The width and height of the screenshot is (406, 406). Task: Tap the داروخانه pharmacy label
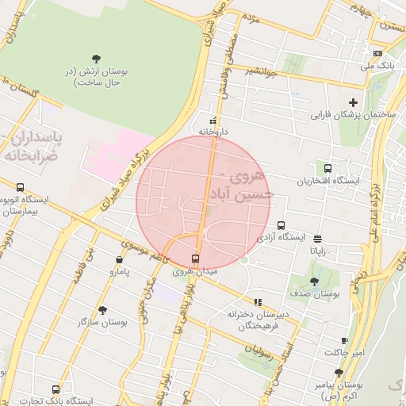tap(213, 131)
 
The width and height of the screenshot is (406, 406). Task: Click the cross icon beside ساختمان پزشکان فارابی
tap(354, 102)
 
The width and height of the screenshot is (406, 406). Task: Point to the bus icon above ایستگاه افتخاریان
tap(327, 168)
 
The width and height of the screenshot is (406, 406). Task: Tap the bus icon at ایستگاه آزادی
tap(280, 224)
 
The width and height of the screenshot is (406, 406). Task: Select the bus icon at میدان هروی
tap(196, 259)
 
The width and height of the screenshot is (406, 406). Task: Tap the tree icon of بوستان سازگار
tap(102, 310)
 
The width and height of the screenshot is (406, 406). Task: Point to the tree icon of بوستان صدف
tap(315, 281)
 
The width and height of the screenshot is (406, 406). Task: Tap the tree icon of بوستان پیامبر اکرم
tap(339, 372)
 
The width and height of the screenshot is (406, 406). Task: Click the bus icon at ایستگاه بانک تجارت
tap(56, 389)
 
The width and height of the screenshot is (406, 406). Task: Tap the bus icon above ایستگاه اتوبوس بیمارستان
tap(20, 188)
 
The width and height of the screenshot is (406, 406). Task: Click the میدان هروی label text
tap(194, 271)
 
